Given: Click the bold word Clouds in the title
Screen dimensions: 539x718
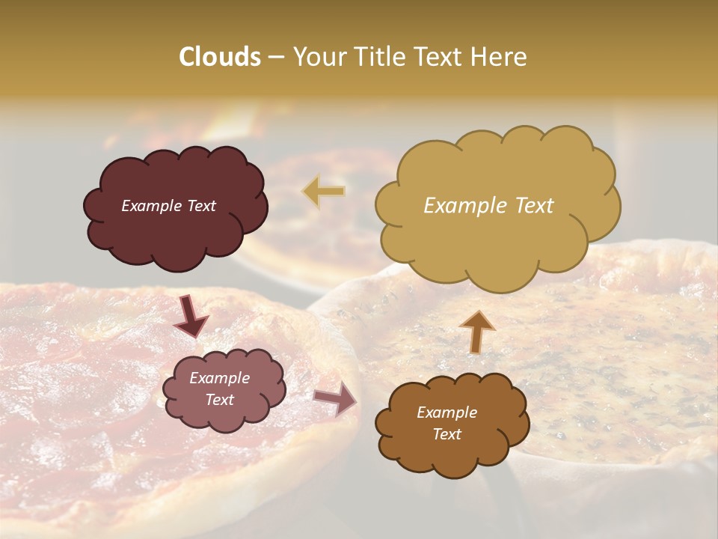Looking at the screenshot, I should click(220, 57).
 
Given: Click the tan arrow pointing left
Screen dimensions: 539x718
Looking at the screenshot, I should click(323, 191).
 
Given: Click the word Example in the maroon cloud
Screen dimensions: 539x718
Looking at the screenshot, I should click(151, 206).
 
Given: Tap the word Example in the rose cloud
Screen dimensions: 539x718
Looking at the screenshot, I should click(219, 378).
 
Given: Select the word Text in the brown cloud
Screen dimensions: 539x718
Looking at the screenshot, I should click(447, 434).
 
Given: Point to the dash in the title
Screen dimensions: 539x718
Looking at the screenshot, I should click(275, 57).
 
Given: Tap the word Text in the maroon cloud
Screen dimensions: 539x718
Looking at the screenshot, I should click(200, 206).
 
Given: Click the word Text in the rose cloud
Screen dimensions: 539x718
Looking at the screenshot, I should click(219, 400).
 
